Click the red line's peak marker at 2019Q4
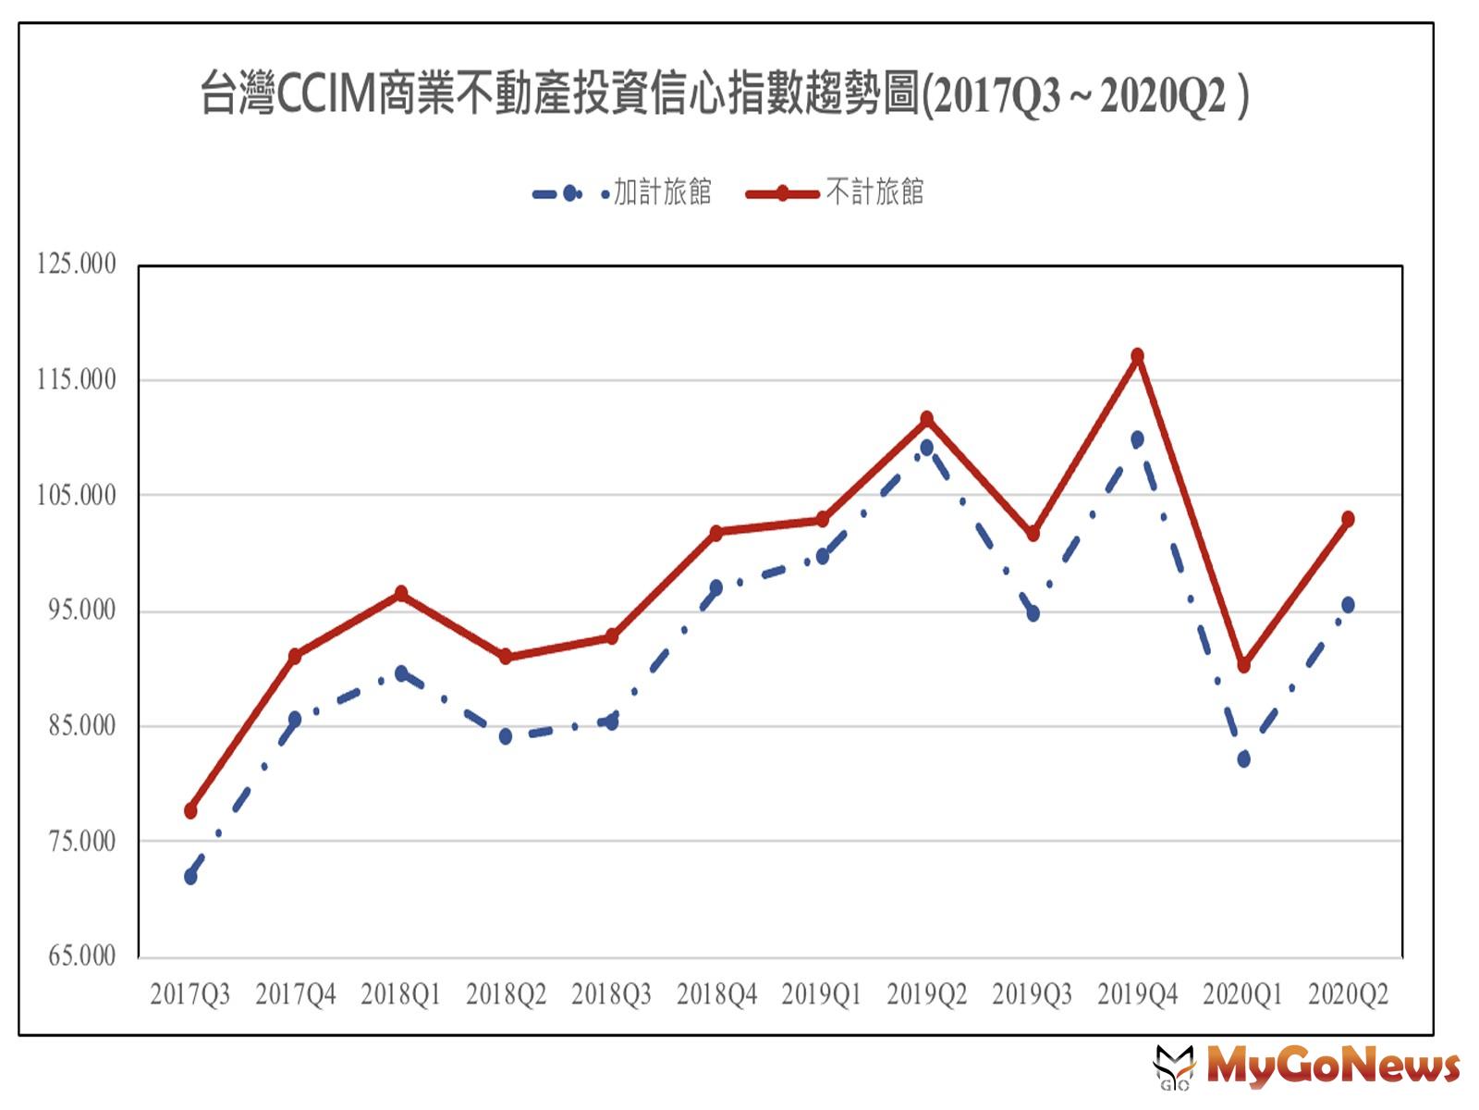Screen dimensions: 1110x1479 click(1138, 356)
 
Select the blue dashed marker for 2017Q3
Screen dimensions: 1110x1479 click(190, 876)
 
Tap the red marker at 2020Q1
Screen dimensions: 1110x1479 click(1243, 665)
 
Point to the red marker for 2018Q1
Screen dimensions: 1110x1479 click(401, 593)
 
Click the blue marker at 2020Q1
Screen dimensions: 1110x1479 click(1243, 758)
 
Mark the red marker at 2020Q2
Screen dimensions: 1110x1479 click(1348, 519)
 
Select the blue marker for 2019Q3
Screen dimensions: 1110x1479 click(1033, 613)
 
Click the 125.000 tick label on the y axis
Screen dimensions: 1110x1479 click(77, 265)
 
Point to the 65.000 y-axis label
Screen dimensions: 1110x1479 click(82, 956)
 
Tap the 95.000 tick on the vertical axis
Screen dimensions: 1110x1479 click(82, 610)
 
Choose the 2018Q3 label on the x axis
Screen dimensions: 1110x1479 click(611, 995)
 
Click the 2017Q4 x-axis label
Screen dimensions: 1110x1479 click(296, 995)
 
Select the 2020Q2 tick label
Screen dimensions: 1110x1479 click(1348, 995)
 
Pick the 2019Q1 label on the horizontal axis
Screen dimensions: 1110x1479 click(822, 995)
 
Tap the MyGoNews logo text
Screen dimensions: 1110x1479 click(1332, 1066)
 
